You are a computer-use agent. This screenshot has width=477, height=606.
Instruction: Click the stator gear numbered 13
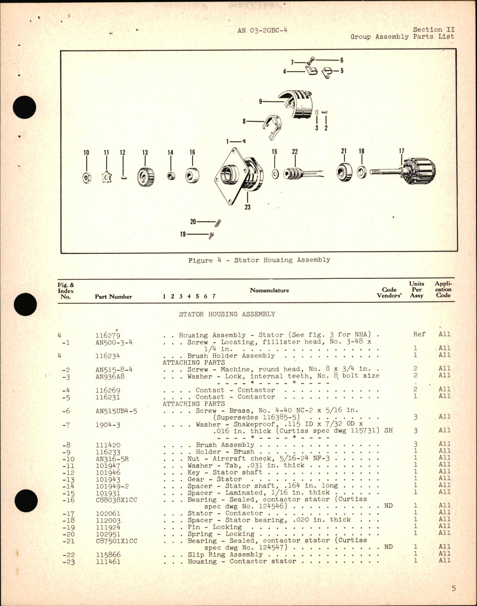point(145,176)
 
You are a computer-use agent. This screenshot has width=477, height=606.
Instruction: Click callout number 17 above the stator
point(402,151)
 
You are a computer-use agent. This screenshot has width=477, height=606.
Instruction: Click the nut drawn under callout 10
point(86,177)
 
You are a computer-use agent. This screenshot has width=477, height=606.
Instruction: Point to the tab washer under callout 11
point(107,177)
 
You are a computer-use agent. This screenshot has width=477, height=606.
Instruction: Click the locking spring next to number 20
point(218,223)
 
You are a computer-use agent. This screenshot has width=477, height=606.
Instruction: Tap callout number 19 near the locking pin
point(183,235)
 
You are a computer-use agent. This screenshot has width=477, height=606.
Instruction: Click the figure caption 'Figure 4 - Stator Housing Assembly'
point(259,260)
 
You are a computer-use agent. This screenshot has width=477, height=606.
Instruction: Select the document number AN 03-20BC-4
point(262,31)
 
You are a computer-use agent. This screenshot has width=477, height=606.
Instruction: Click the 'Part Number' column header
point(113,297)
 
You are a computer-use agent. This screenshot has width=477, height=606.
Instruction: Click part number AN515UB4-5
point(116,411)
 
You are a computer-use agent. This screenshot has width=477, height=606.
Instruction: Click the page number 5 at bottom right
point(454,588)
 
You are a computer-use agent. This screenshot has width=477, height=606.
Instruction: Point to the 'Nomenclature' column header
point(269,290)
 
